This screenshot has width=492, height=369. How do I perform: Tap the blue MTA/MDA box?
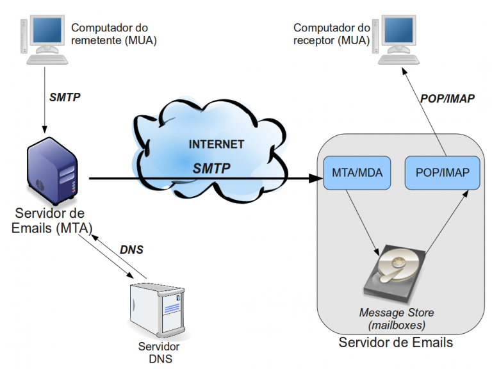point(357,172)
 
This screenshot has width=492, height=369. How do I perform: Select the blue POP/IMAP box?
point(441,172)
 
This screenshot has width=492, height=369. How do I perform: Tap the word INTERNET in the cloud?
point(216,144)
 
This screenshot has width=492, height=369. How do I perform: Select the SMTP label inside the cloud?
point(212,168)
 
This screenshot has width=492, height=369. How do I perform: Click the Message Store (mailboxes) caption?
point(396,319)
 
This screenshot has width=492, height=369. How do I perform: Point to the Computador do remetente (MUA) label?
point(113,34)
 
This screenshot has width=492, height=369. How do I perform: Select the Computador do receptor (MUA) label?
point(332,34)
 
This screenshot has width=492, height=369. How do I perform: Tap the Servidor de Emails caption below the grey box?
point(395,343)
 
